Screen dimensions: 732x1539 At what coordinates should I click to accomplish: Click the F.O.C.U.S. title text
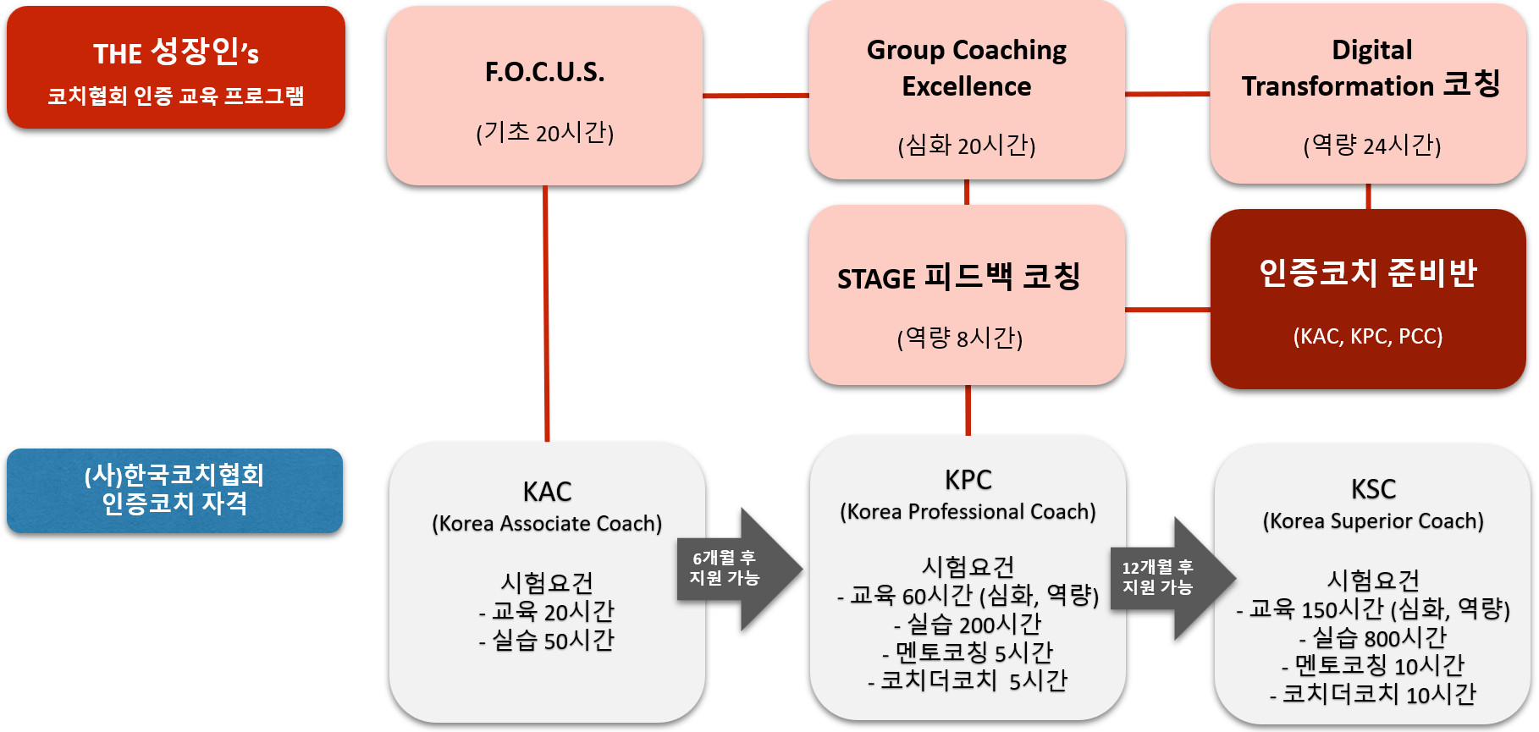[544, 73]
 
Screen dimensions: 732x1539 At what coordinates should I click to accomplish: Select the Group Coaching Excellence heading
[966, 68]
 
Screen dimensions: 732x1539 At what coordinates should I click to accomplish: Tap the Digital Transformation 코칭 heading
[1371, 68]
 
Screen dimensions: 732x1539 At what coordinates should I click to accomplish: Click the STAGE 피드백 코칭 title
[958, 278]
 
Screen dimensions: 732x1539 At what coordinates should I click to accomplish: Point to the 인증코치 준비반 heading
[1367, 273]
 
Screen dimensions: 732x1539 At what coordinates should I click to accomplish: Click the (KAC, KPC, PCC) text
[1367, 337]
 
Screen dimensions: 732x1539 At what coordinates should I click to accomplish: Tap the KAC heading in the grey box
[547, 492]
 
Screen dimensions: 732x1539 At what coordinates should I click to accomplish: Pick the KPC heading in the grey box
[968, 481]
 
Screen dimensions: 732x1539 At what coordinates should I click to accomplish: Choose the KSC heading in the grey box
[1372, 490]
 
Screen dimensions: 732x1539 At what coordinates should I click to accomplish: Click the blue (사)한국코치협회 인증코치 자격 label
[174, 490]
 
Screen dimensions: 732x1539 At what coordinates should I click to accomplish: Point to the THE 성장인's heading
[176, 52]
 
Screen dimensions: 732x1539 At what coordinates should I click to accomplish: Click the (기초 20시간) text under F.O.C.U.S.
[544, 133]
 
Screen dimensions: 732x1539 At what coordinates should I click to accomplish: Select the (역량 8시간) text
[959, 338]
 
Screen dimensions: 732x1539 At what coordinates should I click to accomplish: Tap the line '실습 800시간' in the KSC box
[1373, 637]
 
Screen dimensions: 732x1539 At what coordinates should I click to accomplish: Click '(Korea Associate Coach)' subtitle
[547, 524]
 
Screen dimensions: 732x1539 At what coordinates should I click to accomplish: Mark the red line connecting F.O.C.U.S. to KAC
[546, 313]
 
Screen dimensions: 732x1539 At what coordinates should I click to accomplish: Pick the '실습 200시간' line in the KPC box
[968, 625]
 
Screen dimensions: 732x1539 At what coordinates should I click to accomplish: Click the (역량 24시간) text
[1371, 146]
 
